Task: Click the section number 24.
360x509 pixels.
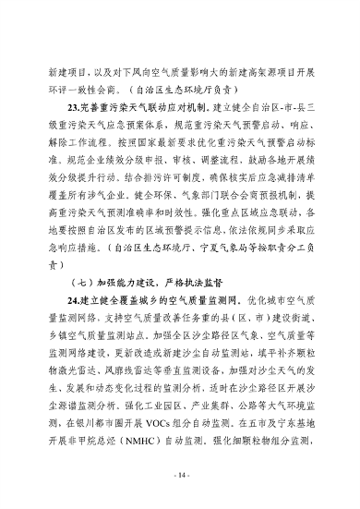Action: (x=74, y=302)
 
